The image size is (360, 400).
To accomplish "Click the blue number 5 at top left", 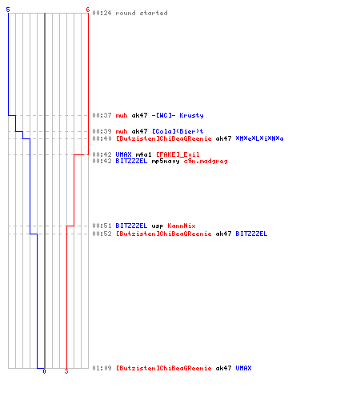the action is [8, 10].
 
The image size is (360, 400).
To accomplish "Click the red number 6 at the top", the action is [88, 10].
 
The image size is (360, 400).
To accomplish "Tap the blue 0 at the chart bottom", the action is [44, 371].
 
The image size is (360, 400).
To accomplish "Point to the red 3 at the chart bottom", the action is [66, 371].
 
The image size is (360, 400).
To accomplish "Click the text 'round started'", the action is [142, 13].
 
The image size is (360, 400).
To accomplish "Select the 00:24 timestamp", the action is [102, 13].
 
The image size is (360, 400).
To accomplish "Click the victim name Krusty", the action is [191, 115].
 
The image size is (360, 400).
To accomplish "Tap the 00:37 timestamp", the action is [102, 115].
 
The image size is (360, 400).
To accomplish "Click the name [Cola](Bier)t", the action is [178, 131].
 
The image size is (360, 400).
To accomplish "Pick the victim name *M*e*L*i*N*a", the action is [259, 138].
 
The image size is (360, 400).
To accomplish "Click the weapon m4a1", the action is [143, 154].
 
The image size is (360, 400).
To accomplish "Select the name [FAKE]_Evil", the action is [178, 154].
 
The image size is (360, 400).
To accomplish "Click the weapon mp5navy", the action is [166, 162].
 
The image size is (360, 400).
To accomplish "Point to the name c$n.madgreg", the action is [206, 162].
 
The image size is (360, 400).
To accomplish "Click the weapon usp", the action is [158, 226].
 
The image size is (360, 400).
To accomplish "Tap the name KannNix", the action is [182, 226].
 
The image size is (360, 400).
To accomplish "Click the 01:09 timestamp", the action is [102, 368].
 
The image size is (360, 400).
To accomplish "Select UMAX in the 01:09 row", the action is [243, 368].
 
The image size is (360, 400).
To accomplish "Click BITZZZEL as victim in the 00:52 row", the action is [251, 234].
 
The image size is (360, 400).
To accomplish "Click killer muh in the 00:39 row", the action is [122, 131].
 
